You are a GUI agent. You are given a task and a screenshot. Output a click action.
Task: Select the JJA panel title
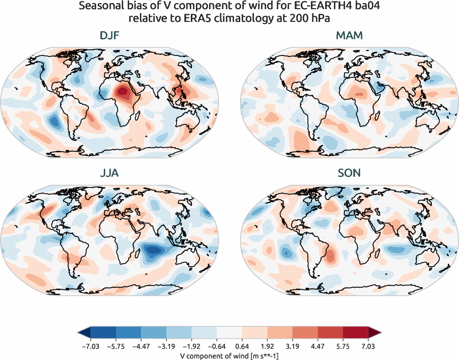pos(109,173)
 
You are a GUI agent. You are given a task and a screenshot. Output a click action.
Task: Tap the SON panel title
pos(349,173)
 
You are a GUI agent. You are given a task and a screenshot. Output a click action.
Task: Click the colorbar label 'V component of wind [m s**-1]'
pos(230,355)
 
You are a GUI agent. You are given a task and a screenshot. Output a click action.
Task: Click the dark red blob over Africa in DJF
pos(122,92)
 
